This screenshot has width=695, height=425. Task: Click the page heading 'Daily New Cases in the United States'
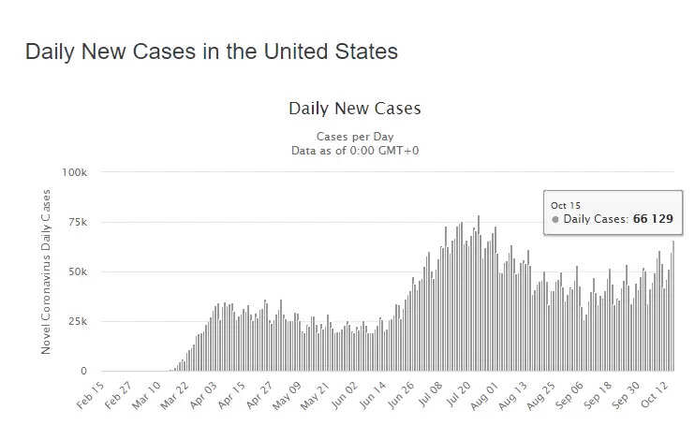212,51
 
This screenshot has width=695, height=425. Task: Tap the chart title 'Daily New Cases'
355,109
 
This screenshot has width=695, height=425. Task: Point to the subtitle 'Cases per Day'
355,137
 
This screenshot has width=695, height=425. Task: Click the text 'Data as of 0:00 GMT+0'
355,150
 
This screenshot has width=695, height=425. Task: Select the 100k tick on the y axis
74,173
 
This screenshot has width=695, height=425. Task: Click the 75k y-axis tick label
77,223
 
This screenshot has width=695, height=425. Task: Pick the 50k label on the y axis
77,272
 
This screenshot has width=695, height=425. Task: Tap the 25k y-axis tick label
77,322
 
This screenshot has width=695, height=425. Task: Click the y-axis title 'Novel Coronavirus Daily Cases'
46,272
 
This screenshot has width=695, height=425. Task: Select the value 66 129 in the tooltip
652,220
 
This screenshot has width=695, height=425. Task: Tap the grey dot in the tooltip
555,220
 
